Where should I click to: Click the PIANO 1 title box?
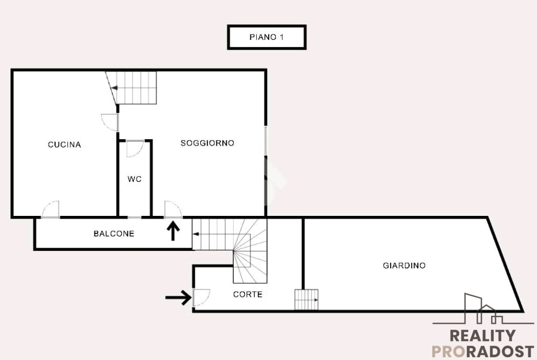(267, 37)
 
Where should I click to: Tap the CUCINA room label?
(64, 145)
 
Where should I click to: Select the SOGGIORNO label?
(207, 143)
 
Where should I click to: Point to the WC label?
(134, 179)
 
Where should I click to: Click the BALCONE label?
(114, 234)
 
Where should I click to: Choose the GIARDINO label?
(404, 266)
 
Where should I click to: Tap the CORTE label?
(248, 294)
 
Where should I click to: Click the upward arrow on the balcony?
(173, 231)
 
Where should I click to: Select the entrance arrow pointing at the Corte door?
(179, 297)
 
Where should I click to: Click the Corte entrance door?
(201, 297)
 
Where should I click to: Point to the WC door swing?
(135, 148)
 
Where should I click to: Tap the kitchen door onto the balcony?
(50, 209)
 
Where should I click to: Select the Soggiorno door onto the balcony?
(173, 209)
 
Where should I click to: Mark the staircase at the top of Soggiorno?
(131, 87)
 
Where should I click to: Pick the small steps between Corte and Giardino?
(307, 300)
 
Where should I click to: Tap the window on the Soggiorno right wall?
(266, 141)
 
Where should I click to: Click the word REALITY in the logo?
(482, 335)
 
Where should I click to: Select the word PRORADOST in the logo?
(483, 351)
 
